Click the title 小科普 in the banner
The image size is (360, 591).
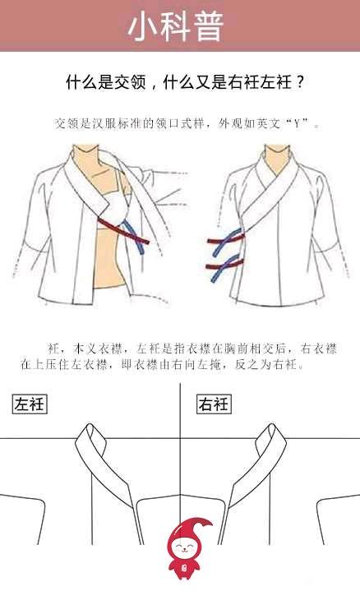point(177,25)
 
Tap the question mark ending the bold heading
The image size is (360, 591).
point(300,82)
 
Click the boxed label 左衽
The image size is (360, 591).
point(30,404)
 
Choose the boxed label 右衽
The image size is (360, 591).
point(214,404)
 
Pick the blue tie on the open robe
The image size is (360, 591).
point(133,237)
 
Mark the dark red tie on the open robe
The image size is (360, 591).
point(123,230)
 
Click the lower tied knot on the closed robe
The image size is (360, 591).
point(225,268)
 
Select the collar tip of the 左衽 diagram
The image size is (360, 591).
point(90,427)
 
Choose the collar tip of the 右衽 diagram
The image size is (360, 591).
point(272,427)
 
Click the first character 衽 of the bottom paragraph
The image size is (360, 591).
point(53,349)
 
